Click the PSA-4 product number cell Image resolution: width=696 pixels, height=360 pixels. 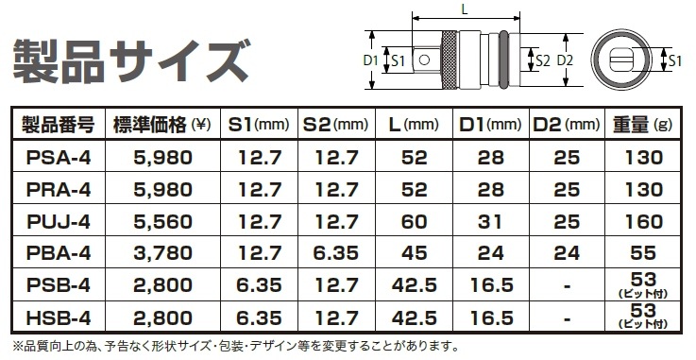click(59, 158)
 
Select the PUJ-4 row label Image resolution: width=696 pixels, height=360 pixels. click(59, 221)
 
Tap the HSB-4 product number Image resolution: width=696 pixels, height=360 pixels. click(59, 317)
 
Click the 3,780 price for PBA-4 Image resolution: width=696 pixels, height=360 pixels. click(162, 253)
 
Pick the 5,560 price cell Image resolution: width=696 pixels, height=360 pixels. click(162, 221)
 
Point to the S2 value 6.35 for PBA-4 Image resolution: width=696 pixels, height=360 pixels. click(336, 253)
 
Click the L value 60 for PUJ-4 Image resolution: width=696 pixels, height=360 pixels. click(414, 221)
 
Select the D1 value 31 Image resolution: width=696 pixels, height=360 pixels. click(490, 221)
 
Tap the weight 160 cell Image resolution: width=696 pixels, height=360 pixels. click(643, 221)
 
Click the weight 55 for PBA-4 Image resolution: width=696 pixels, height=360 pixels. click(643, 253)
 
